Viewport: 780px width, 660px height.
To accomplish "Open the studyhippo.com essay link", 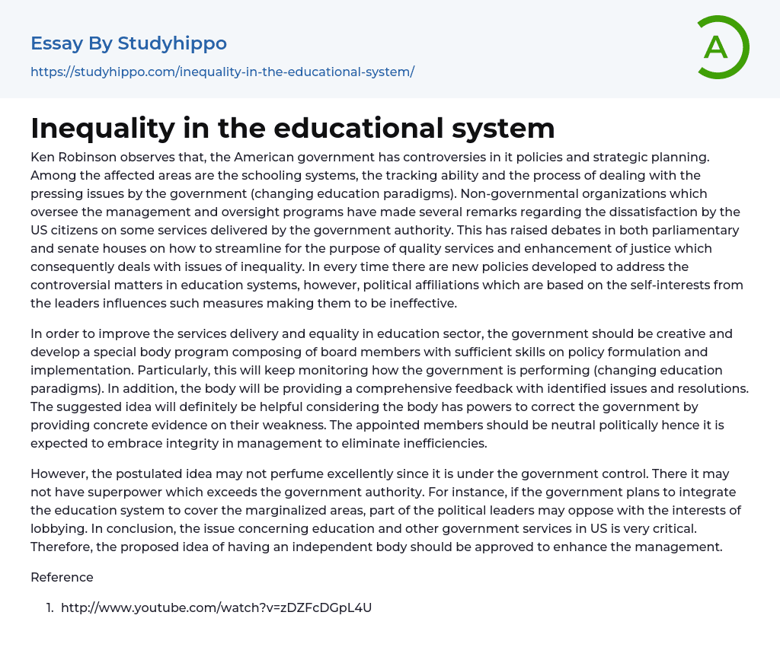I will pyautogui.click(x=222, y=72).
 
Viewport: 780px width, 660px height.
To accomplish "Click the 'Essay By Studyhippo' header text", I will pyautogui.click(x=129, y=43).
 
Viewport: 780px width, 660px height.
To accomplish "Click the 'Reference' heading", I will pyautogui.click(x=62, y=577).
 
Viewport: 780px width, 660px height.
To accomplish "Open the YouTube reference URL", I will pyautogui.click(x=216, y=607).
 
